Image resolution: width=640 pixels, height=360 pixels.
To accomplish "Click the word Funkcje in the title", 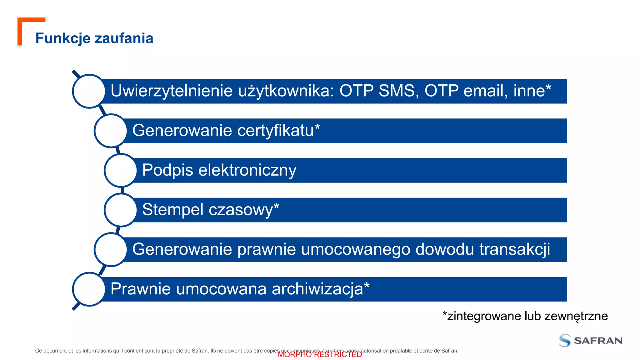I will (x=63, y=38).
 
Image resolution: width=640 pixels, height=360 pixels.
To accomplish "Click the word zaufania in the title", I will (x=124, y=38).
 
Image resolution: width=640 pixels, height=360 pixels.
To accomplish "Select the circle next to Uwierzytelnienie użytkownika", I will (x=89, y=91).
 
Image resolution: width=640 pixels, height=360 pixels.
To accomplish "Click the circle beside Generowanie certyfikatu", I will (x=111, y=131).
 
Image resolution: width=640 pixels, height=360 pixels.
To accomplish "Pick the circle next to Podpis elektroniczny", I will (x=121, y=170).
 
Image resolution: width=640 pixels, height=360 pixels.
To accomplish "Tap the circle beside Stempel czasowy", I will (x=121, y=210).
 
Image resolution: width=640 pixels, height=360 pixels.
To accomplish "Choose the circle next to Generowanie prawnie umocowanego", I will (x=111, y=250).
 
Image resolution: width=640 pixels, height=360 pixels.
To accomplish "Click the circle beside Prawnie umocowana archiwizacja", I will (x=89, y=289).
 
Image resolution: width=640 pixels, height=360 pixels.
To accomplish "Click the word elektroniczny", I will (x=247, y=170).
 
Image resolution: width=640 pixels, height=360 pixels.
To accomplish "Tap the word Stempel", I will (x=172, y=210).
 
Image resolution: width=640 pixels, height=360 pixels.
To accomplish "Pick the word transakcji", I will (x=515, y=250).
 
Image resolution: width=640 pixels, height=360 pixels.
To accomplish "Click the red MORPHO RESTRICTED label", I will (x=320, y=355).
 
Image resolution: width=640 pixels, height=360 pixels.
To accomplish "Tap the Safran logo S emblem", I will (x=565, y=340).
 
